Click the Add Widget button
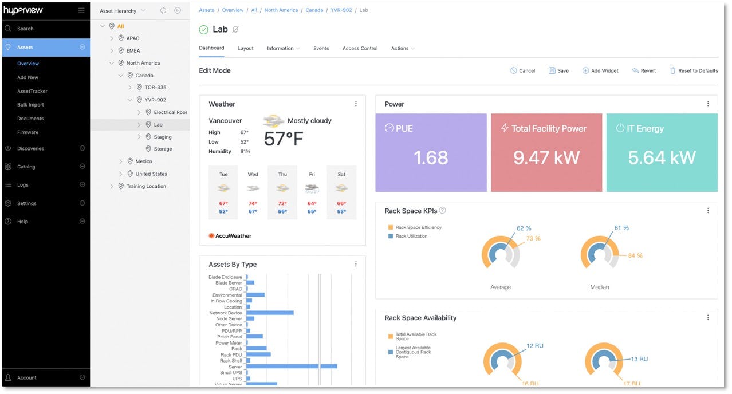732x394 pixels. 600,71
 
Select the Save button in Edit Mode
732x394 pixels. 558,71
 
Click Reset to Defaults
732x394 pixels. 694,71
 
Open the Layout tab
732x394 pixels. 246,49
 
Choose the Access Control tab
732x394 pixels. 360,49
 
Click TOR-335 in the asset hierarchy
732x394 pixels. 151,88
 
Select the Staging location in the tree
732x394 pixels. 162,137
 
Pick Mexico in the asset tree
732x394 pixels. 143,161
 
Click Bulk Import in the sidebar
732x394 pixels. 30,105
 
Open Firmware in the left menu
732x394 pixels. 27,132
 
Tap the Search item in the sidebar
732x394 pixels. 25,29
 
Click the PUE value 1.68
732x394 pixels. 431,157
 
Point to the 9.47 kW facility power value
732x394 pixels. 546,157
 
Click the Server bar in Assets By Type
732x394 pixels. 291,366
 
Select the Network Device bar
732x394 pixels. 270,313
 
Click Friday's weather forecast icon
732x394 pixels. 312,188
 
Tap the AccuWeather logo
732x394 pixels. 230,235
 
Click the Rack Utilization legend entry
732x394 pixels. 411,236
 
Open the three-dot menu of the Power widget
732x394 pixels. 708,104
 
